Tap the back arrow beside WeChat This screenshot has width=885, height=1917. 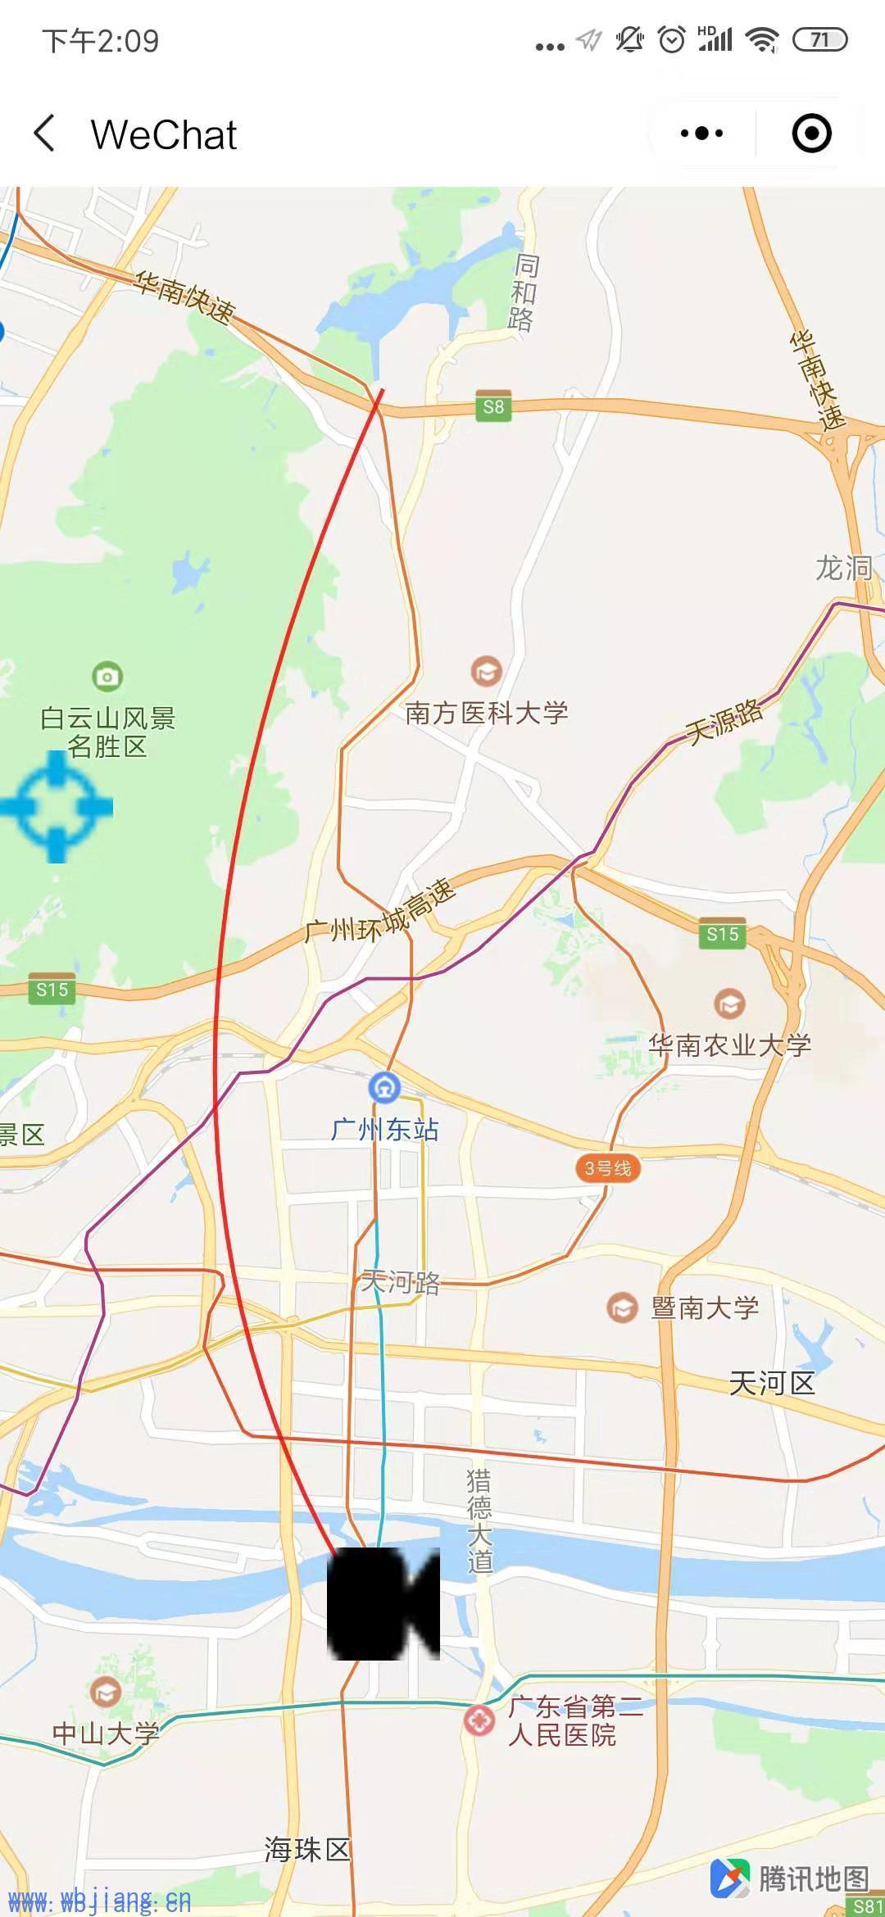click(x=45, y=134)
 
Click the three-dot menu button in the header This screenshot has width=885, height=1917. click(x=701, y=134)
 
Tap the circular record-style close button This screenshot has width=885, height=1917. click(x=811, y=134)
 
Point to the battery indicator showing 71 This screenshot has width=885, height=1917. click(x=819, y=39)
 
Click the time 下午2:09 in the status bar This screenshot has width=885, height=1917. click(x=101, y=41)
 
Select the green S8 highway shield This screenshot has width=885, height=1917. click(x=493, y=407)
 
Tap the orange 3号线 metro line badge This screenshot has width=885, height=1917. click(x=607, y=1168)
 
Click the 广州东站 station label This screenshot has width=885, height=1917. click(x=385, y=1130)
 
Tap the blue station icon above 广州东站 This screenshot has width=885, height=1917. click(x=384, y=1088)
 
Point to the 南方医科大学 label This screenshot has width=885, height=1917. click(x=486, y=713)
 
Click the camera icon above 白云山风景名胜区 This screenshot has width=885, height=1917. click(x=107, y=677)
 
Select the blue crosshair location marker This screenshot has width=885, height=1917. click(x=57, y=807)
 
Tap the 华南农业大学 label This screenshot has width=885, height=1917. click(x=729, y=1045)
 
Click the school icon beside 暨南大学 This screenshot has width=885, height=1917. click(x=623, y=1307)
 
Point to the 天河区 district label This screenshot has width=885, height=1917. click(x=772, y=1384)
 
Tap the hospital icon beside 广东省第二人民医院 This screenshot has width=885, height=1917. click(x=479, y=1720)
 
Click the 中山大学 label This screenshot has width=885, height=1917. click(x=106, y=1733)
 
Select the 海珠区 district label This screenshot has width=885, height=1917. click(x=307, y=1849)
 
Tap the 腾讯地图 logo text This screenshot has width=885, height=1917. click(x=813, y=1878)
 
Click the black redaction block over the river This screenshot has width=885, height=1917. click(x=383, y=1603)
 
